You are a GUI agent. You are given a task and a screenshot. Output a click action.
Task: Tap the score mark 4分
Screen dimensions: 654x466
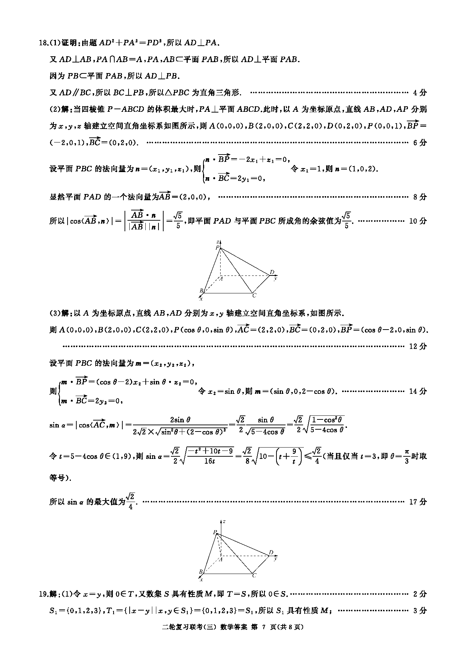420,92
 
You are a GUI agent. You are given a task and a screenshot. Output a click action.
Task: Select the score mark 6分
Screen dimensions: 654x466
420,142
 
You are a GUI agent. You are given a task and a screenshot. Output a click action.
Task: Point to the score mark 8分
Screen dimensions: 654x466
420,197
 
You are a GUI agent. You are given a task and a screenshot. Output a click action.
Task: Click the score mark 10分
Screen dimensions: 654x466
418,221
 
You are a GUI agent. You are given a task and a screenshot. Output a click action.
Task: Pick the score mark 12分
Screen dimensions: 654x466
418,346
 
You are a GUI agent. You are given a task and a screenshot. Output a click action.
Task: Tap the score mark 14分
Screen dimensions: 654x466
418,391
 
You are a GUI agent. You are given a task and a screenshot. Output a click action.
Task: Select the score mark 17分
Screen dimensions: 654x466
418,502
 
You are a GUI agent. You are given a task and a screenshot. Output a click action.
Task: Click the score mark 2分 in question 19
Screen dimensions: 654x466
420,594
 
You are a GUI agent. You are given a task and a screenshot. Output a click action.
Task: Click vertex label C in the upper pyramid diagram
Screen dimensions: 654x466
254,295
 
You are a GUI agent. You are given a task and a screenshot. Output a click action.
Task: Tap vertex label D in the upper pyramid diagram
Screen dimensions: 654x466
272,272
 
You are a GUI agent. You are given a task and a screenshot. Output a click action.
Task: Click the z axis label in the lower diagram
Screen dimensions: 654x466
224,521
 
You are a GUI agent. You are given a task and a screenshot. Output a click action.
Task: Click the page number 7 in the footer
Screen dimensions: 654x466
263,627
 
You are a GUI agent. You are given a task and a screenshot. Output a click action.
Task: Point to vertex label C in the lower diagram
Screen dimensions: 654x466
254,575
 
